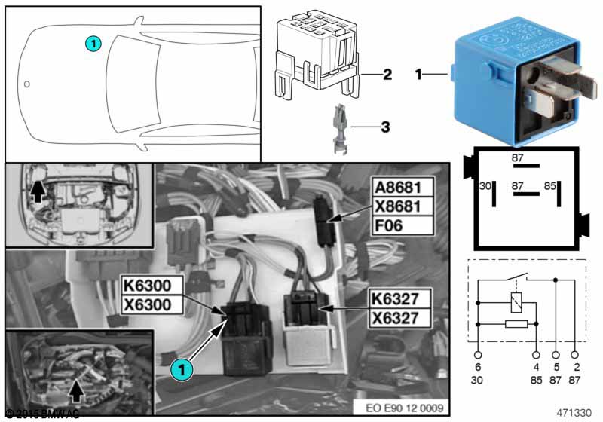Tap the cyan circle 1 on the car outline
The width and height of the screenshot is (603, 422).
click(93, 44)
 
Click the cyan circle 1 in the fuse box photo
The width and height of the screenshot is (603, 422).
click(180, 369)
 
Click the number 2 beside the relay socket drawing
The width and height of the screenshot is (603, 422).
click(387, 75)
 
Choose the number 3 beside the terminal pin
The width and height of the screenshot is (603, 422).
click(384, 127)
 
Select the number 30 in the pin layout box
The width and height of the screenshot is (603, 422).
click(485, 185)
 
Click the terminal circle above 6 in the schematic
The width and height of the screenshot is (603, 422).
click(478, 353)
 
